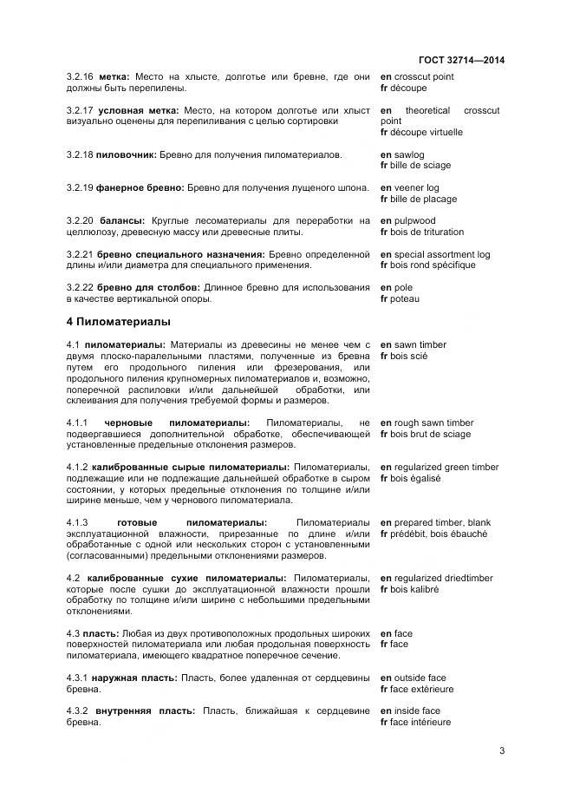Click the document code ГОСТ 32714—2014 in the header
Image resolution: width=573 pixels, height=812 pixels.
pyautogui.click(x=462, y=60)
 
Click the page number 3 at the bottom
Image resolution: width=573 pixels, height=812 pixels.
pyautogui.click(x=501, y=751)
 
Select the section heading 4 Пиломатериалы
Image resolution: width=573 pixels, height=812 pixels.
pyautogui.click(x=119, y=322)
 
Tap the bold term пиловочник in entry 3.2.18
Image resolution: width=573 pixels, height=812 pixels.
pyautogui.click(x=127, y=154)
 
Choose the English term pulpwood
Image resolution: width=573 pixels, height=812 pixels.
pyautogui.click(x=417, y=221)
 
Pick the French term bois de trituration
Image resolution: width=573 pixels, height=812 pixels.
pyautogui.click(x=428, y=232)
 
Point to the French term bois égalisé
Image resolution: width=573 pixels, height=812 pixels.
pyautogui.click(x=417, y=478)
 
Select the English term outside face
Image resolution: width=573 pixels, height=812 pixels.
pyautogui.click(x=420, y=678)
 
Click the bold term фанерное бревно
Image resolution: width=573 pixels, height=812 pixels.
pyautogui.click(x=139, y=188)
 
